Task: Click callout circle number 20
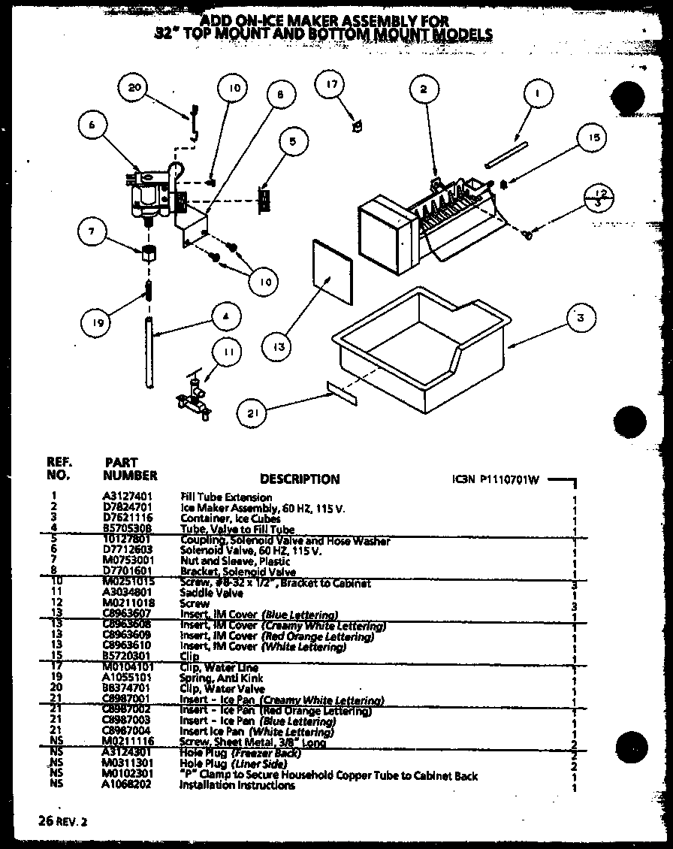coord(134,87)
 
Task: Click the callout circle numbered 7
coord(92,231)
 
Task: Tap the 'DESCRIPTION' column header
coord(300,479)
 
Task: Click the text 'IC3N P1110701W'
coord(496,479)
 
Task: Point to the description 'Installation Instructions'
coord(237,785)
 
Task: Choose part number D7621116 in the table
coord(128,518)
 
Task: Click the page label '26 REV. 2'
coord(62,822)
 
